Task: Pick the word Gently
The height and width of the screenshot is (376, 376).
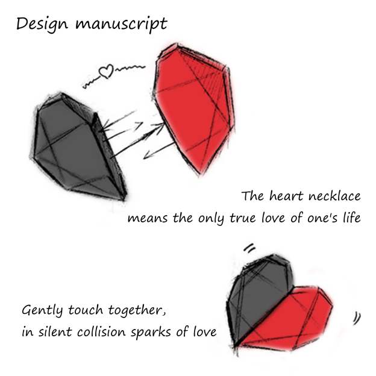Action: (x=43, y=312)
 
